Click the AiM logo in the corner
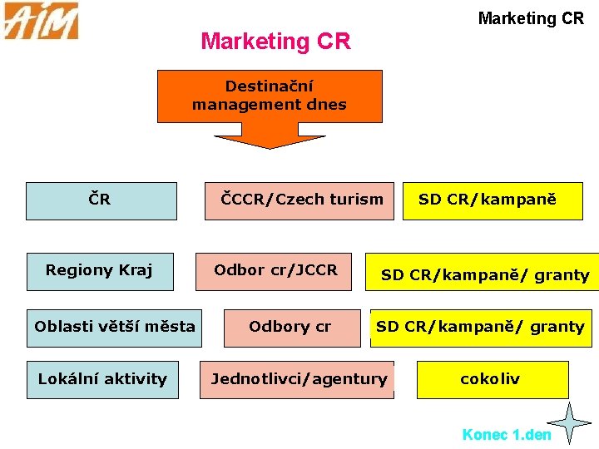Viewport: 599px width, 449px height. pyautogui.click(x=41, y=21)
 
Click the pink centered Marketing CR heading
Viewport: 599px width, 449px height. pyautogui.click(x=275, y=41)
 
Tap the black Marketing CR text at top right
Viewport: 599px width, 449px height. pyautogui.click(x=531, y=18)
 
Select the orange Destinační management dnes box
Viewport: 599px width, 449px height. pyautogui.click(x=270, y=96)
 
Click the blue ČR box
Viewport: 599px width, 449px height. pyautogui.click(x=101, y=200)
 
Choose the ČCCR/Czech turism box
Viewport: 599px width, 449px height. pyautogui.click(x=299, y=200)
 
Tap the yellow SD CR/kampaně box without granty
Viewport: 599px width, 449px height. pyautogui.click(x=493, y=200)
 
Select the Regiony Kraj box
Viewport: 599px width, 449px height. pyautogui.click(x=100, y=271)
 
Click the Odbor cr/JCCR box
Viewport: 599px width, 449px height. pyautogui.click(x=274, y=271)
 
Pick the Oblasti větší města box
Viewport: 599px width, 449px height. pyautogui.click(x=114, y=327)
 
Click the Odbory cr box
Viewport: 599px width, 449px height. pyautogui.click(x=290, y=327)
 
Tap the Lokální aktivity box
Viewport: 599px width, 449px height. pyautogui.click(x=102, y=379)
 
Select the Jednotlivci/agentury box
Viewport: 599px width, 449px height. pyautogui.click(x=297, y=379)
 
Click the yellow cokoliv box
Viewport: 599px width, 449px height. pyautogui.click(x=492, y=379)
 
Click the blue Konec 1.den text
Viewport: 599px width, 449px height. pyautogui.click(x=506, y=435)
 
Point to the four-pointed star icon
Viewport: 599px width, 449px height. pyautogui.click(x=571, y=422)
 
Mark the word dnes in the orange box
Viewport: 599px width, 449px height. pyautogui.click(x=327, y=105)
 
